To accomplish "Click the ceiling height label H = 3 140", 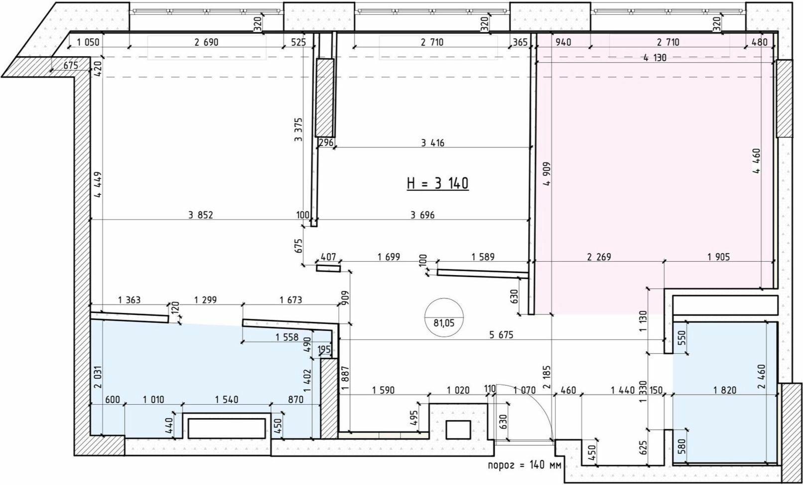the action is coord(438,183).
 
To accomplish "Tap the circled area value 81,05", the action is coord(444,323).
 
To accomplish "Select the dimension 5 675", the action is coord(501,334).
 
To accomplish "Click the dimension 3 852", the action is coord(201,215).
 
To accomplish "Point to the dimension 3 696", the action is coord(422,215).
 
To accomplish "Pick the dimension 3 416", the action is coord(433,143).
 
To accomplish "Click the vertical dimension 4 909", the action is coord(546,174).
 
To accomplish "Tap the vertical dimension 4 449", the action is coord(98,185).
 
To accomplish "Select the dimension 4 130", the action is coord(655,58).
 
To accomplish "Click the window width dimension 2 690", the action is coord(206,42).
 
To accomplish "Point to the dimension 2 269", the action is coord(599,257).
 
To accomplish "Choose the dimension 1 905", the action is coord(719,257).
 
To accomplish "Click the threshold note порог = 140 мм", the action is coord(525,465).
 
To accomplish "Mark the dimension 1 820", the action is coord(725,390).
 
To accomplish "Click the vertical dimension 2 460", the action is coord(762,377).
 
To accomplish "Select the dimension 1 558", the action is coord(287,337).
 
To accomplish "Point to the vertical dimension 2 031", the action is coord(98,377).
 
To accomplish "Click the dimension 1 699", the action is coord(389,257).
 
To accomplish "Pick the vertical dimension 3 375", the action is coord(298,130).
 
